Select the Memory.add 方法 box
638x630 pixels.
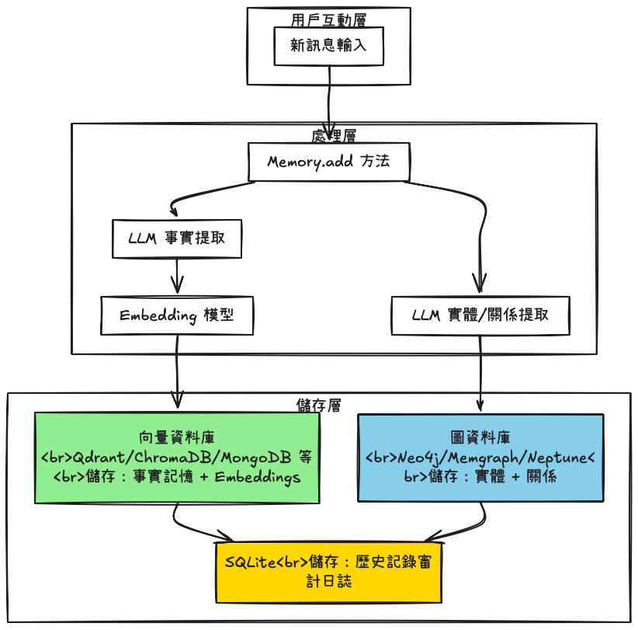[x=328, y=162]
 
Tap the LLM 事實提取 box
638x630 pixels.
[x=178, y=238]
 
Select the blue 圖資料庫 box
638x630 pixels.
[x=480, y=458]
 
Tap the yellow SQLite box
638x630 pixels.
[x=329, y=571]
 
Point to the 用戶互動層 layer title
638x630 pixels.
[x=328, y=19]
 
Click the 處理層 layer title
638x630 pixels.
[x=333, y=136]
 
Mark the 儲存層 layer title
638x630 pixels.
[x=318, y=405]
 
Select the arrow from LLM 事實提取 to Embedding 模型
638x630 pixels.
[x=179, y=276]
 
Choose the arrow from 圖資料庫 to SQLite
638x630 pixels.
[x=466, y=527]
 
